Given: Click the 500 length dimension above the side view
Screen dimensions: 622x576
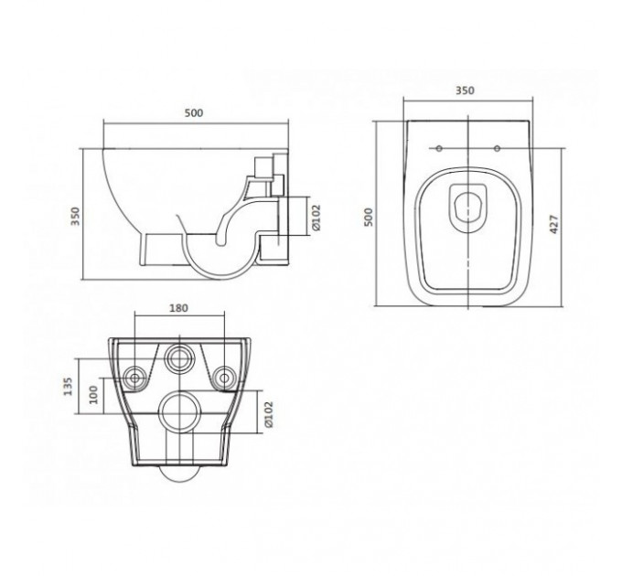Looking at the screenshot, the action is (x=194, y=113).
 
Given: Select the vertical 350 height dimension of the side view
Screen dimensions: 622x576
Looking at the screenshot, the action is (x=75, y=216).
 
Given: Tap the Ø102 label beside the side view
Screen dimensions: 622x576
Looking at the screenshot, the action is (x=316, y=218).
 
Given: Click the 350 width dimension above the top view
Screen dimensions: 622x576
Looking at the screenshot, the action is (x=465, y=91).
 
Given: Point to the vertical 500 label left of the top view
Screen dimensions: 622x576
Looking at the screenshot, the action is (x=369, y=217).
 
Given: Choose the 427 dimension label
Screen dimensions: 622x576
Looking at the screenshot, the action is (x=554, y=224).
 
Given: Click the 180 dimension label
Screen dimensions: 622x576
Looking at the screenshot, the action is (x=179, y=308).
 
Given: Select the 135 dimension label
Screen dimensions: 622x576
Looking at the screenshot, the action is (x=69, y=387).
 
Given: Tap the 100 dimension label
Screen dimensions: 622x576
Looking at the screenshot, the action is (x=93, y=394).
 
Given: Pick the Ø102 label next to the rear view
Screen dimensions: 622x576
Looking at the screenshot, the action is (x=269, y=414).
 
